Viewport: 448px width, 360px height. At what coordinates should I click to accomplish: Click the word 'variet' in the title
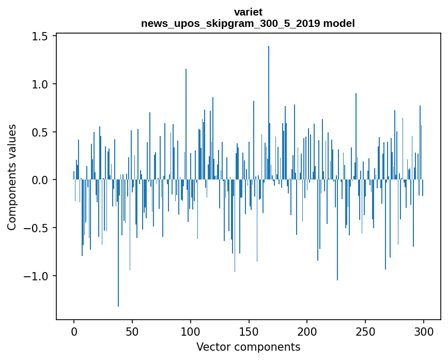pyautogui.click(x=248, y=12)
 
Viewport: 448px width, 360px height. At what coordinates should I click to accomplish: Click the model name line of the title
pyautogui.click(x=248, y=23)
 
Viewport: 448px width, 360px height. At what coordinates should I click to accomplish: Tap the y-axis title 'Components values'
pyautogui.click(x=12, y=177)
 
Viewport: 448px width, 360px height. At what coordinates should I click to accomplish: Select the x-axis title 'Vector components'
pyautogui.click(x=248, y=347)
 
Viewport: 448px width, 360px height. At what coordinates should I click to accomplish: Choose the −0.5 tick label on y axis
pyautogui.click(x=36, y=228)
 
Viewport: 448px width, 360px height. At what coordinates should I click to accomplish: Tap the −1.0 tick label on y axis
pyautogui.click(x=36, y=276)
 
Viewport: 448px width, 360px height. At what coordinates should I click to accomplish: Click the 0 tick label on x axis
pyautogui.click(x=74, y=331)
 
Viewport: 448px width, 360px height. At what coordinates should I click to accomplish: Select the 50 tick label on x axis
pyautogui.click(x=132, y=331)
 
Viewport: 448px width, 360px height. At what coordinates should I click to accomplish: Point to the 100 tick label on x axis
pyautogui.click(x=191, y=331)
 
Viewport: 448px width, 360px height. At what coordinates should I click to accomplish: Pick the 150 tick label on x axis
pyautogui.click(x=249, y=331)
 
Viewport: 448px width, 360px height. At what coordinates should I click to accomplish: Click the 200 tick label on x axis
pyautogui.click(x=307, y=331)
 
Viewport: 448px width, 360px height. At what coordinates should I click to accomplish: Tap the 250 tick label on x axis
pyautogui.click(x=366, y=331)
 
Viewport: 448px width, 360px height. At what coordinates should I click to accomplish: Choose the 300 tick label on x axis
pyautogui.click(x=424, y=331)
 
